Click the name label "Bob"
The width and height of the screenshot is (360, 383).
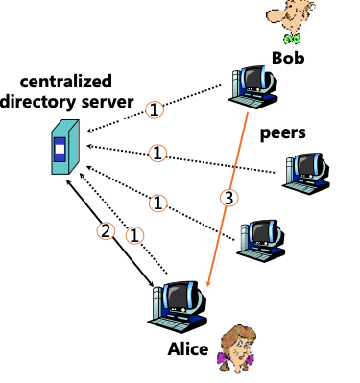291,58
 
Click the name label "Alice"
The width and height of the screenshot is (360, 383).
186,348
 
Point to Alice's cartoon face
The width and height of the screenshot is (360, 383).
237,341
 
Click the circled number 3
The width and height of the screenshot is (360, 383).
227,199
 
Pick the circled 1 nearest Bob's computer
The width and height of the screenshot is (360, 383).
156,109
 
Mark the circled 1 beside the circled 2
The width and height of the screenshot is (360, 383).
135,234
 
